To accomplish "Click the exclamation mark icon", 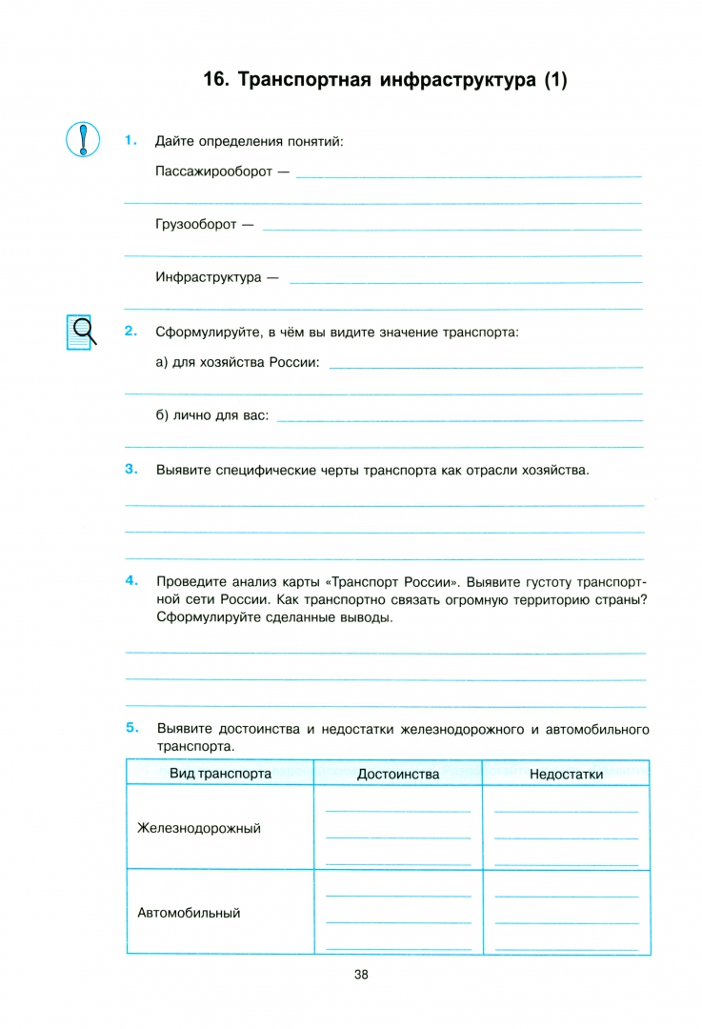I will tap(83, 139).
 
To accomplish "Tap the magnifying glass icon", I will tap(81, 332).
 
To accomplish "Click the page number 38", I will tap(361, 974).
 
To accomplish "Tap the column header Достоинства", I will tap(398, 774).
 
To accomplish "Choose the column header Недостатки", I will tap(566, 774).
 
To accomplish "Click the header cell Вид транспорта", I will tap(220, 774).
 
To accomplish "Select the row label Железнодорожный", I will tap(199, 828).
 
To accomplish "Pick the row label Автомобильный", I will tap(189, 913).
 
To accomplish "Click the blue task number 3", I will tap(131, 469).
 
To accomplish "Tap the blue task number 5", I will tap(131, 729).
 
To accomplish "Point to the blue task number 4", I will tap(131, 580).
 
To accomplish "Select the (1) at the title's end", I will tap(554, 81).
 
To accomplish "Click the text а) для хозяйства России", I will tap(237, 363).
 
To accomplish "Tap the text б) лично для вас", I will tap(212, 416).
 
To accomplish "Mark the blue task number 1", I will tap(131, 141).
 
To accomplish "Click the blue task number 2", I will tap(131, 332).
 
